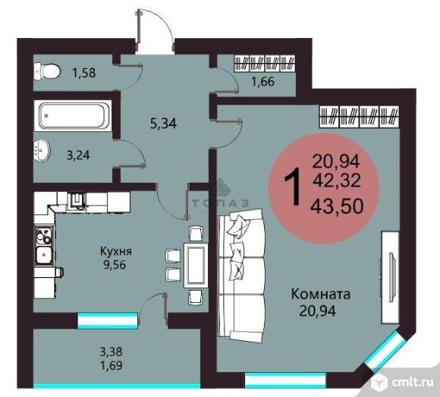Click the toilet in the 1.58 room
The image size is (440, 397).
point(47,71)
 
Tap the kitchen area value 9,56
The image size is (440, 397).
point(116,266)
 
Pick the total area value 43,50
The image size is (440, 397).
point(340,205)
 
